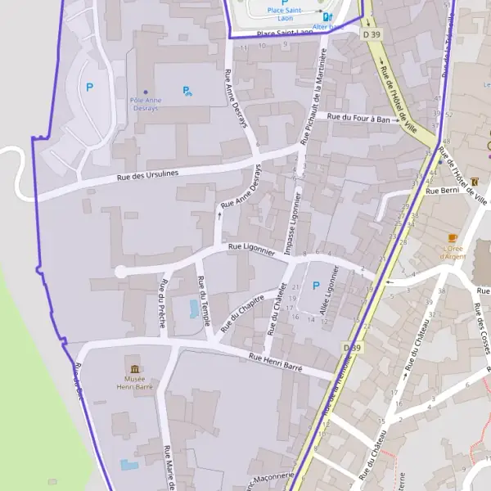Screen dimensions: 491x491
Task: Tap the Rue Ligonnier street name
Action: (x=251, y=245)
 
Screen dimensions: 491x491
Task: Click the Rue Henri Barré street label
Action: (x=276, y=363)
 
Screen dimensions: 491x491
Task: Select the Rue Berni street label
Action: (x=444, y=191)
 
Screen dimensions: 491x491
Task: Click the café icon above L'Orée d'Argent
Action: (x=453, y=237)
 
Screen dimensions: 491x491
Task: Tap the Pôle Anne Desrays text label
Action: (x=146, y=104)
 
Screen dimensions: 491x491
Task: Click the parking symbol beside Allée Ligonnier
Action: (x=316, y=285)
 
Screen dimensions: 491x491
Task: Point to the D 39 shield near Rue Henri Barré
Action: (x=352, y=348)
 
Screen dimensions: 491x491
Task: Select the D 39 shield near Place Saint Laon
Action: (x=371, y=34)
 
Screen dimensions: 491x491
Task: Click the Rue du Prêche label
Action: (x=163, y=304)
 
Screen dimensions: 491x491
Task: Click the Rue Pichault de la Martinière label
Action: (x=315, y=95)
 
